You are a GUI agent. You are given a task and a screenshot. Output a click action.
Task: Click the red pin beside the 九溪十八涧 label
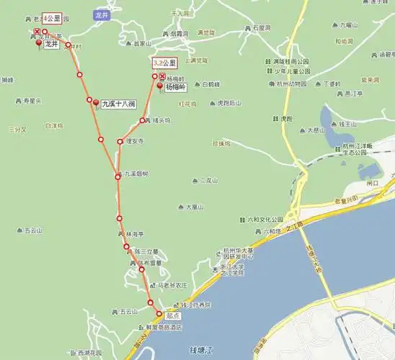(x=96, y=104)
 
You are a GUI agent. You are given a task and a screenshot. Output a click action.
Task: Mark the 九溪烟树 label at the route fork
(x=135, y=174)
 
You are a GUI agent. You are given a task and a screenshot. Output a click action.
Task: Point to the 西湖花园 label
(x=89, y=353)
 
